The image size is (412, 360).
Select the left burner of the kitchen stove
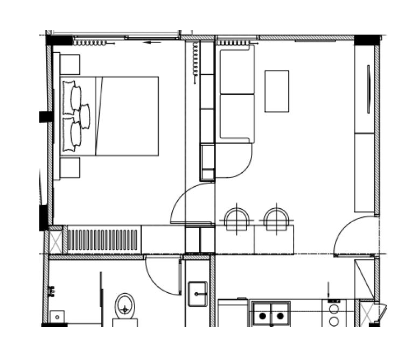point(262,316)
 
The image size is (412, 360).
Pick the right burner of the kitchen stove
point(280,316)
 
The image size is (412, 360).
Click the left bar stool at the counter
point(238,220)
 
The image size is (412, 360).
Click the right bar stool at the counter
point(277,220)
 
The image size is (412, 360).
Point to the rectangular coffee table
point(277,91)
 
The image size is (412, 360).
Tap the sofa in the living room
point(235,94)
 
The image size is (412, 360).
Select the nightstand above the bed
point(70,65)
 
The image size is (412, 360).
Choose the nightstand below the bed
point(70,167)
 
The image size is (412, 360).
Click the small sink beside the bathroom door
point(198,294)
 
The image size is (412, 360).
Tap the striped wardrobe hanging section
point(103,240)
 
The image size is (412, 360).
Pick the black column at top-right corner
point(367,40)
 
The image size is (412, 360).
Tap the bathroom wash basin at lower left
point(57,316)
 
